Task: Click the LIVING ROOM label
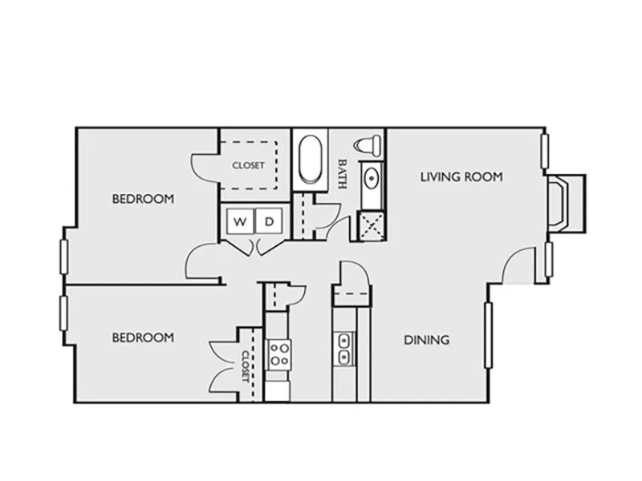(x=461, y=176)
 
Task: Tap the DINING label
(x=427, y=340)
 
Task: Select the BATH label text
(x=342, y=174)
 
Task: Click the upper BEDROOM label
(x=143, y=199)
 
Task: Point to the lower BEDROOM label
(x=143, y=338)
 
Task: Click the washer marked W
(x=240, y=221)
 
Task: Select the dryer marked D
(x=269, y=221)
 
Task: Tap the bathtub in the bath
(x=311, y=160)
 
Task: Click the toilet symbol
(x=368, y=145)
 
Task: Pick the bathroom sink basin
(x=372, y=178)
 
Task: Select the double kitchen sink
(x=344, y=349)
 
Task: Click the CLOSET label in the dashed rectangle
(x=248, y=166)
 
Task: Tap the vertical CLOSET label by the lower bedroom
(x=246, y=366)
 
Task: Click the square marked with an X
(x=372, y=226)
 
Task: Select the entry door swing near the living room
(x=518, y=265)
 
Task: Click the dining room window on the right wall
(x=488, y=335)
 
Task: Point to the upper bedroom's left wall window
(x=63, y=257)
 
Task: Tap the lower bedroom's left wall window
(x=63, y=313)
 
